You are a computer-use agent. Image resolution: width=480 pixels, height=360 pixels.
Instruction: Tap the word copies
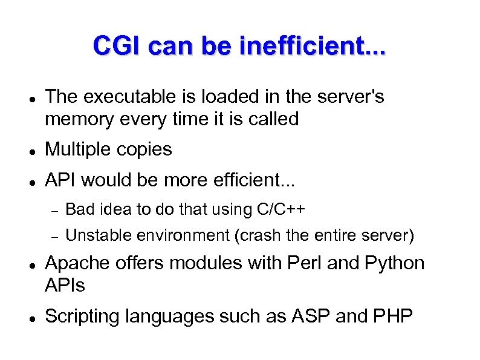point(148,149)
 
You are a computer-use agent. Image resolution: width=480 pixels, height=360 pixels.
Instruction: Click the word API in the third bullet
point(60,180)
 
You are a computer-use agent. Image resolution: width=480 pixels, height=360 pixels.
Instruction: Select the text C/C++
point(282,209)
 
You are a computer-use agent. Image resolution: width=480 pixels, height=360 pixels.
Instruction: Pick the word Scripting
point(83,316)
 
